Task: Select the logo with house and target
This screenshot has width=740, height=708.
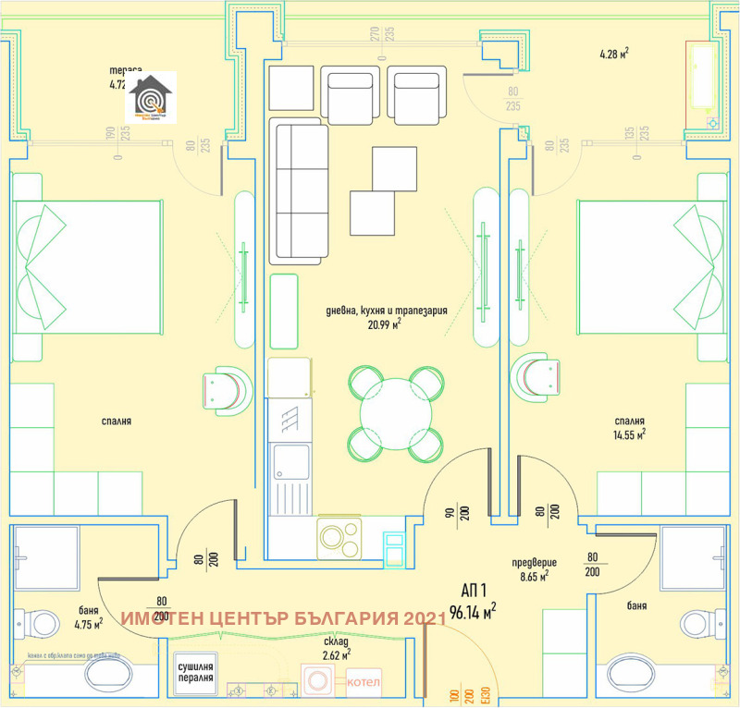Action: pyautogui.click(x=150, y=97)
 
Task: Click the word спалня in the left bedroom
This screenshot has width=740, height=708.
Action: pyautogui.click(x=117, y=421)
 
